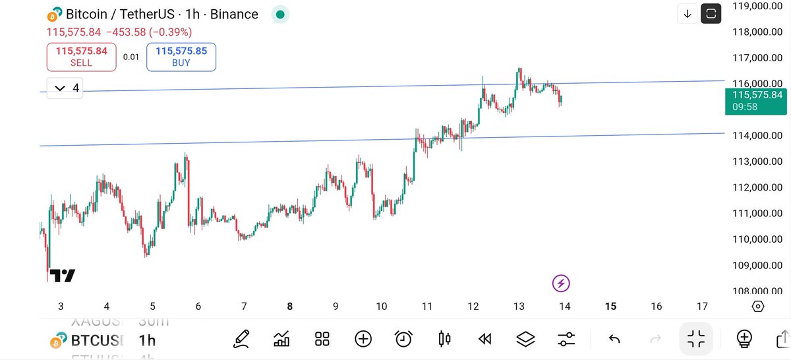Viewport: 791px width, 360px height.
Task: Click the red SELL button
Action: [x=81, y=57]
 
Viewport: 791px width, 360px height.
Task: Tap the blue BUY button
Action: [x=181, y=57]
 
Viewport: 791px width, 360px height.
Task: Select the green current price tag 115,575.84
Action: [x=757, y=100]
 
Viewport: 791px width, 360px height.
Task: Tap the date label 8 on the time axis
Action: [x=290, y=306]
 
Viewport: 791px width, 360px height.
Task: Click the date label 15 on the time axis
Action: [x=610, y=306]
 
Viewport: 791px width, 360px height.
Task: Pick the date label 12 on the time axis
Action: [x=473, y=306]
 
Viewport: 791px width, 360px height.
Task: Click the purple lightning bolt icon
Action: [x=561, y=284]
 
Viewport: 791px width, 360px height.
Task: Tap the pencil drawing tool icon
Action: [x=241, y=339]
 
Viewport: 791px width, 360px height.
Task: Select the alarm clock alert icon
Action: [x=403, y=339]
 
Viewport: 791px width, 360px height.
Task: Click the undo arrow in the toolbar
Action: [x=614, y=339]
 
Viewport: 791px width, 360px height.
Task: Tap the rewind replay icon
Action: [x=485, y=339]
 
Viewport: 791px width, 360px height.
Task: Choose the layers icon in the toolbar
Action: [x=525, y=339]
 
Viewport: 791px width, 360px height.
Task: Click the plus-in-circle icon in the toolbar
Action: [x=363, y=339]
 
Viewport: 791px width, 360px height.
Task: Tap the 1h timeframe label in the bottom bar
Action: [x=147, y=340]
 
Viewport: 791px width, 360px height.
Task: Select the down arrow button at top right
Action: [x=688, y=14]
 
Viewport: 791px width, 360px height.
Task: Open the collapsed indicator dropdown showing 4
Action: [x=65, y=88]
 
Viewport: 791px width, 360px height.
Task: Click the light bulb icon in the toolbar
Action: [x=744, y=339]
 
